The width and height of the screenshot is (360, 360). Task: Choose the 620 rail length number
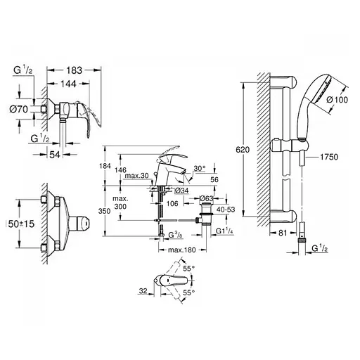pyautogui.click(x=241, y=150)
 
